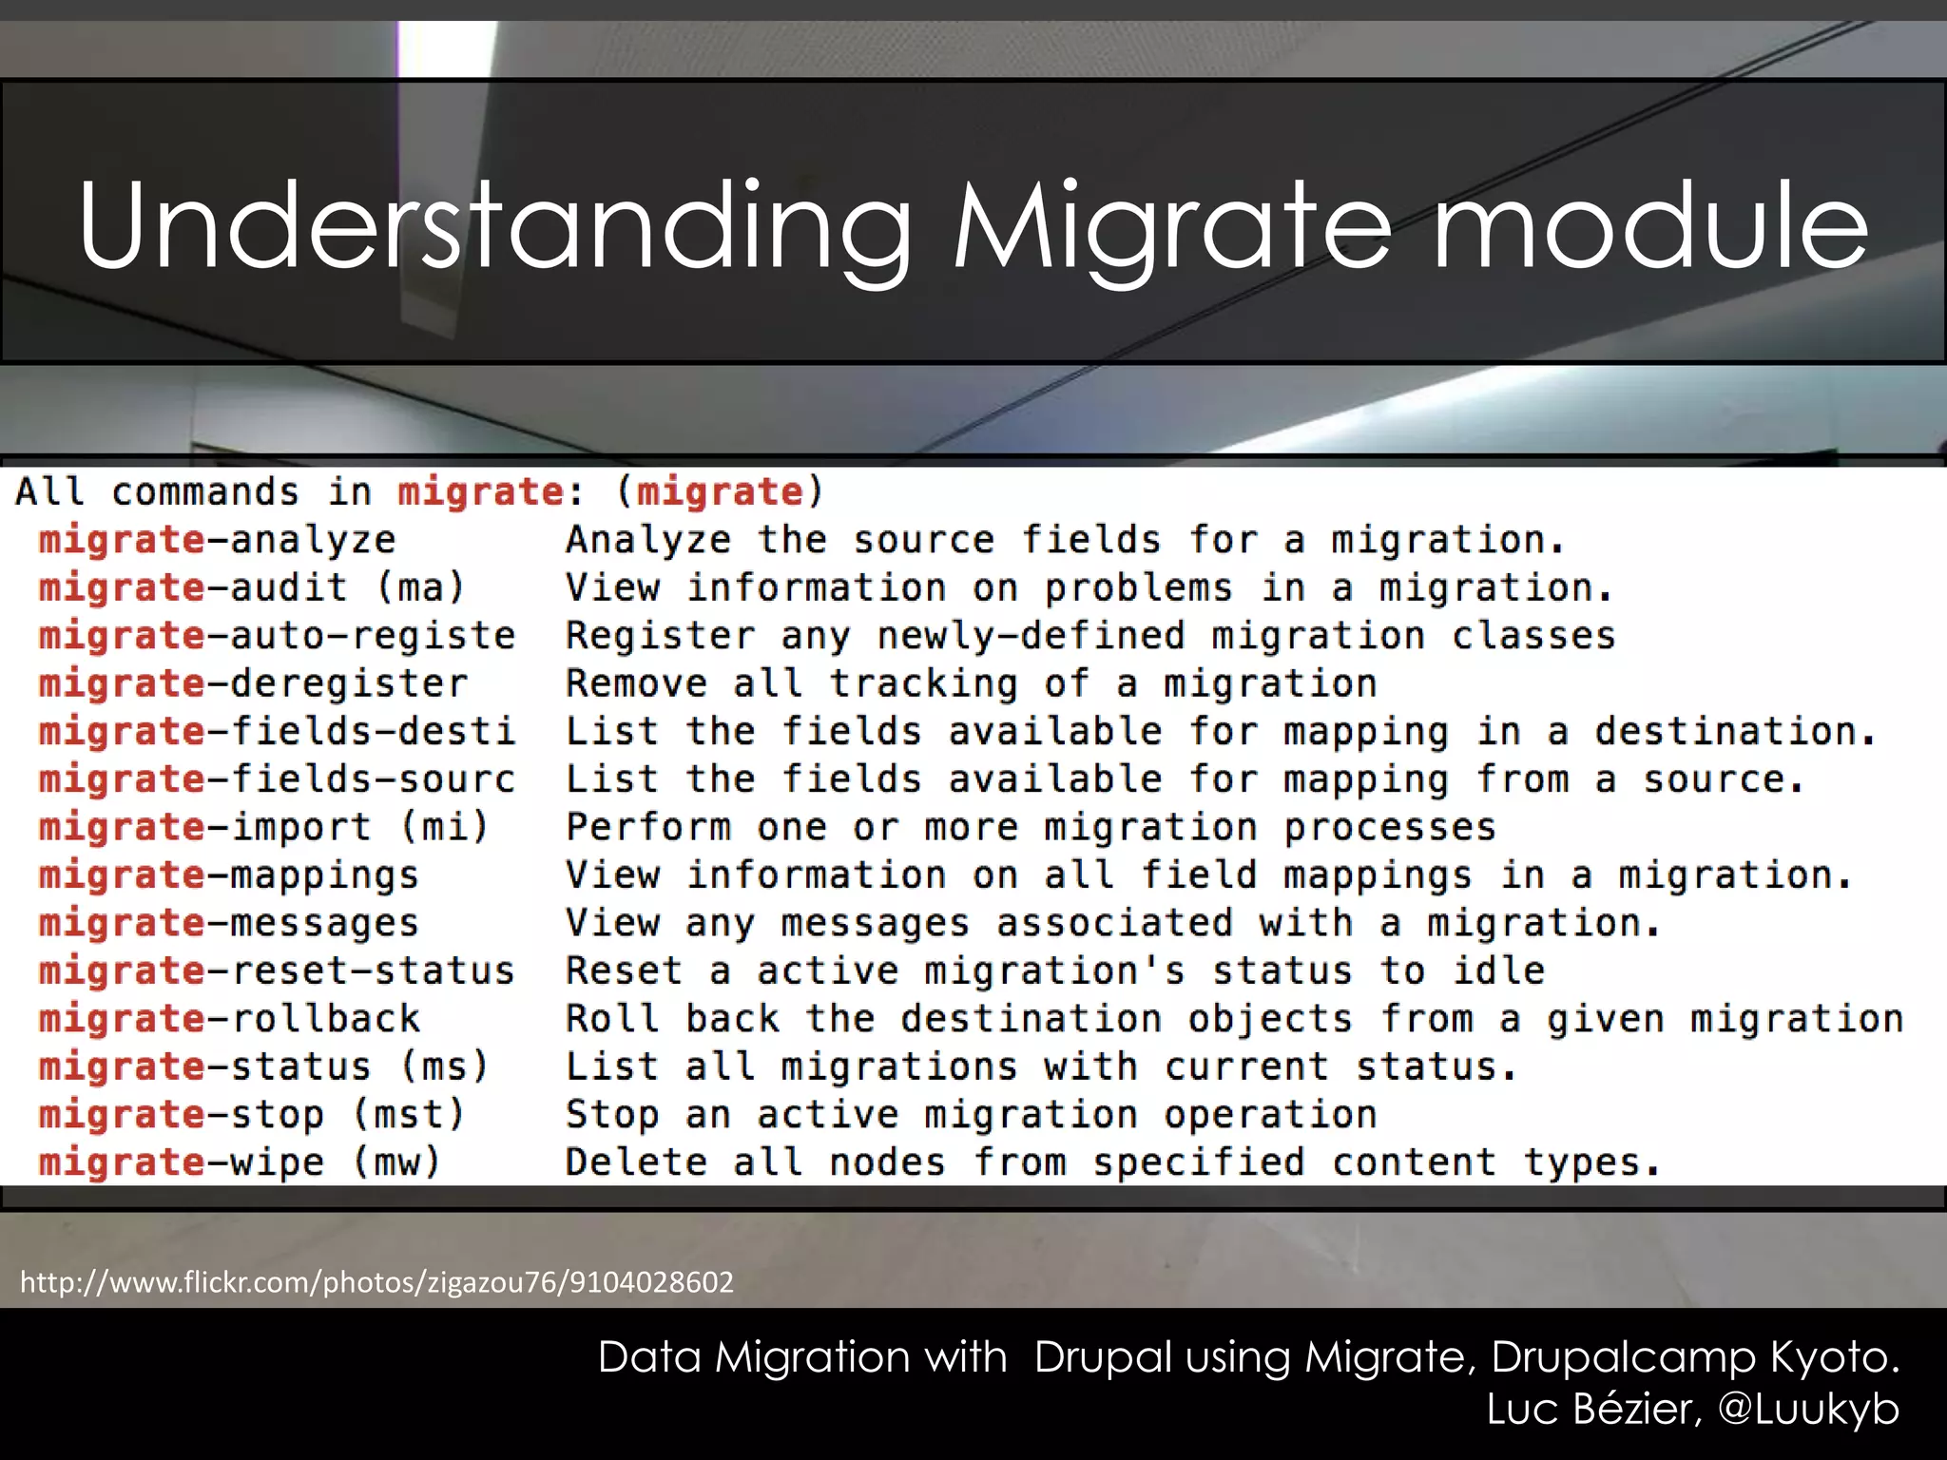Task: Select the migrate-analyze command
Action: (x=217, y=540)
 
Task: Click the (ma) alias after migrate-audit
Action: (x=420, y=587)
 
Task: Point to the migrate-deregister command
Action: (x=253, y=683)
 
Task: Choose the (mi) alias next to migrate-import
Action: (x=444, y=827)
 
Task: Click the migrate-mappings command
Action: (x=228, y=875)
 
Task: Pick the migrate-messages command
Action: (x=228, y=923)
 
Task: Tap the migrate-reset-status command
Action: (x=276, y=970)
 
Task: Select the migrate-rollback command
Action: (x=228, y=1019)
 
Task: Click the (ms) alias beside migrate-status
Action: (x=444, y=1066)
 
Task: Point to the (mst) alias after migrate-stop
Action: (x=409, y=1114)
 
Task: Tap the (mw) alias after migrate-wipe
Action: (x=396, y=1162)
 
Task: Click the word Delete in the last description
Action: (x=636, y=1162)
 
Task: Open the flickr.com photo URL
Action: (x=376, y=1282)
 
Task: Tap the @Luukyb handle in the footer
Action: (x=1808, y=1409)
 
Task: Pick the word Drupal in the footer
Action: (x=1103, y=1356)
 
